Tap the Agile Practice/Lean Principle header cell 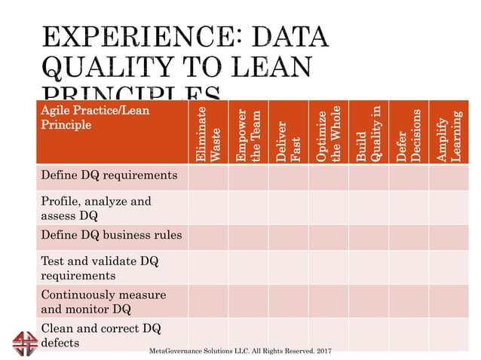coord(94,117)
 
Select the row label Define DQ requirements coord(109,175)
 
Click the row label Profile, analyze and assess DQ coord(96,208)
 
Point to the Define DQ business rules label coord(111,235)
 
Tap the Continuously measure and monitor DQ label coord(103,301)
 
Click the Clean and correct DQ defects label coord(100,334)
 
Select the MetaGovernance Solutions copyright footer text coord(240,351)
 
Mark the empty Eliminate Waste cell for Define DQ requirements coord(207,177)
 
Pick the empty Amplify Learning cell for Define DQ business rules coord(449,236)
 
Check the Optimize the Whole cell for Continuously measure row coord(328,301)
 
